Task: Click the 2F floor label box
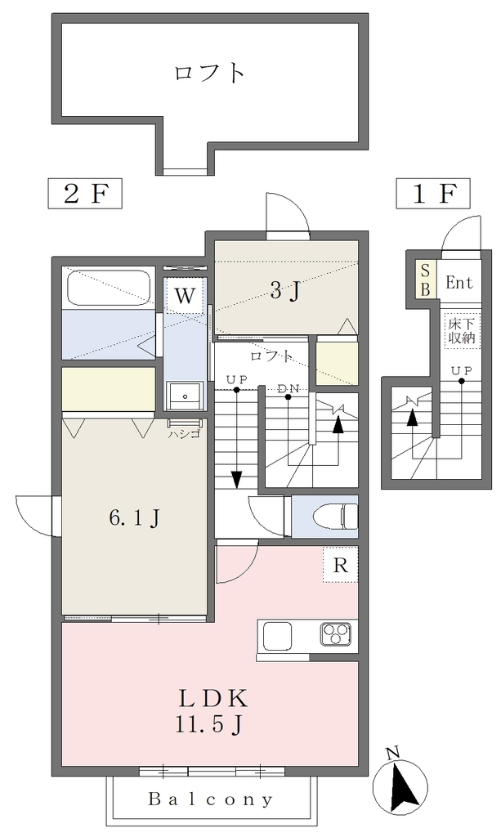[85, 193]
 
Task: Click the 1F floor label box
[432, 193]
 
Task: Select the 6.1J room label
[135, 517]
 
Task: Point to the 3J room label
[284, 290]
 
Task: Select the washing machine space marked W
[185, 295]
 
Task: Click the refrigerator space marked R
[340, 564]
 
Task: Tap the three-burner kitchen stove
[335, 635]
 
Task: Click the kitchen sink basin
[277, 636]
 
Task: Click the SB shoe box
[426, 280]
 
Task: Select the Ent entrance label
[459, 282]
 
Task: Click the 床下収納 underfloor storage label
[462, 330]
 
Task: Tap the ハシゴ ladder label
[184, 434]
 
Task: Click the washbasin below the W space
[185, 396]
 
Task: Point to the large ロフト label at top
[210, 73]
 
